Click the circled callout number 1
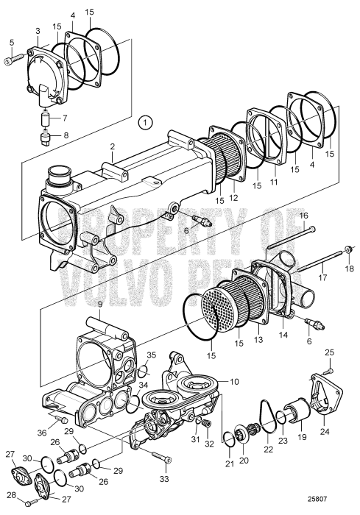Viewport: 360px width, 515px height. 146,121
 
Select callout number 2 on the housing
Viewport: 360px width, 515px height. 111,146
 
